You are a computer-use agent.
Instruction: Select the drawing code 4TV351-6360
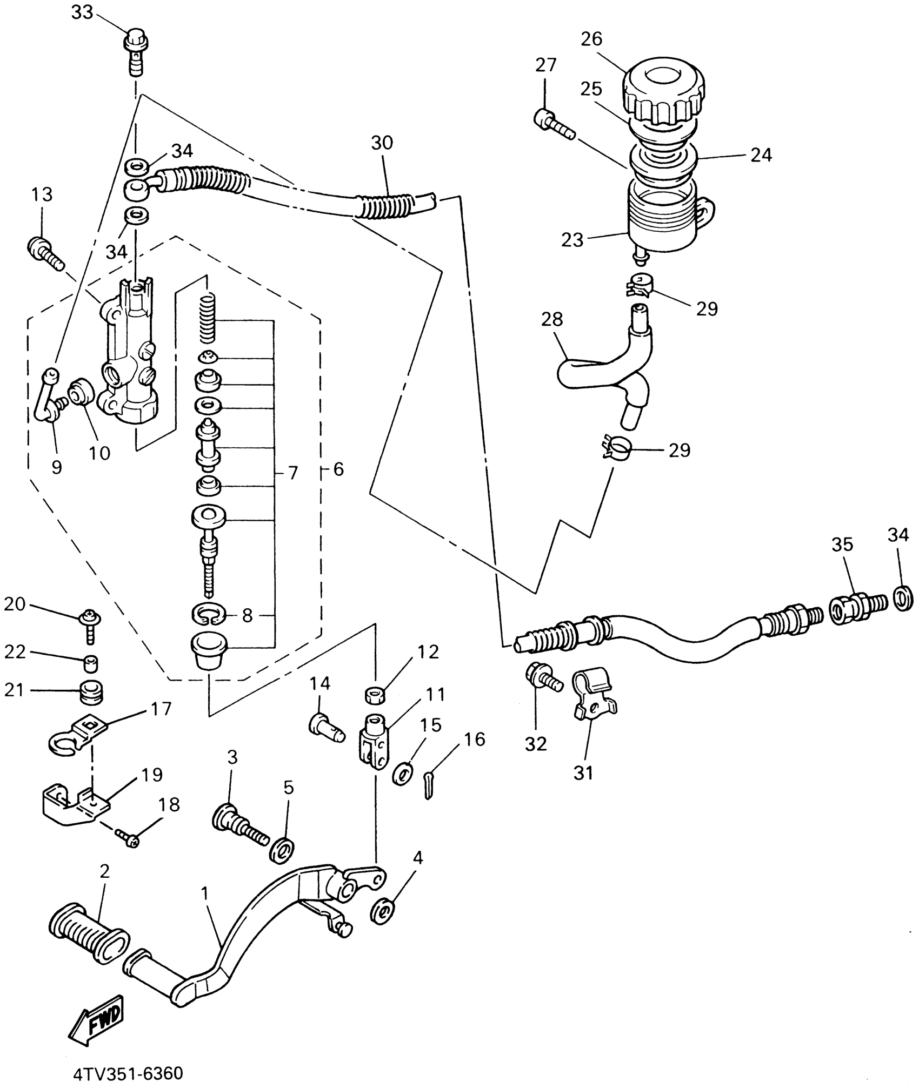coord(128,1073)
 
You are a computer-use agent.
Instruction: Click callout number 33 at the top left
coord(82,12)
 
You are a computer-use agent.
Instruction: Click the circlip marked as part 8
coord(209,614)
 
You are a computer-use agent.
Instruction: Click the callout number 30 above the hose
coord(382,143)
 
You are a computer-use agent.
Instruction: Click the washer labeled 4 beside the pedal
coord(382,911)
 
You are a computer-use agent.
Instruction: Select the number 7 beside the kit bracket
coord(292,473)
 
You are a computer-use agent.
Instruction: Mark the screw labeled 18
coord(128,838)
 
